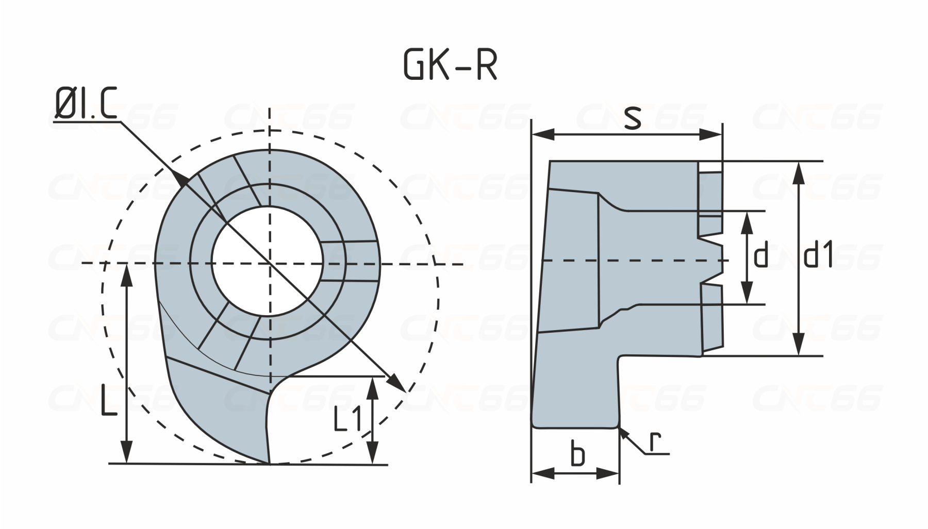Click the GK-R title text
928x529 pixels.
(x=450, y=66)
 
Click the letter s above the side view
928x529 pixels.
(x=632, y=118)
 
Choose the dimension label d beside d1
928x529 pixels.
(x=761, y=256)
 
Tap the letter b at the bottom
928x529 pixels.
(x=578, y=454)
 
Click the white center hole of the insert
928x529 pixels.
(x=268, y=261)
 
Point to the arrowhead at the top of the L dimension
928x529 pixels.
(x=127, y=276)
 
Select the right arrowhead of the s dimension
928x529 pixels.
(x=714, y=135)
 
